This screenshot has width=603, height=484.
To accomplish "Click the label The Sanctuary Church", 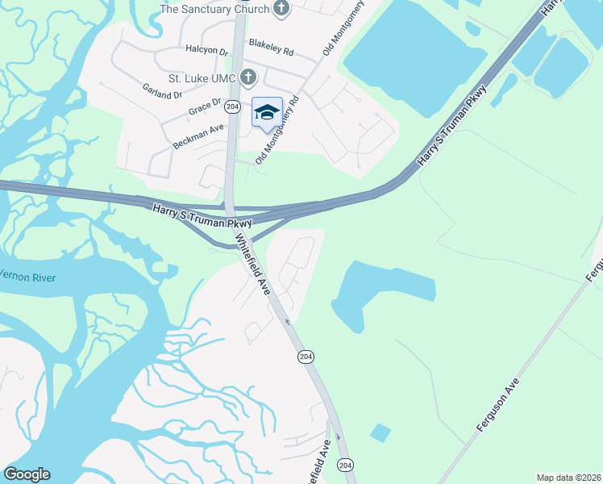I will click(214, 9).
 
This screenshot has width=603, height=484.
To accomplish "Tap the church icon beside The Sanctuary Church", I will click(281, 9).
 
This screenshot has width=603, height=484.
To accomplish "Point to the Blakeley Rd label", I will click(271, 48).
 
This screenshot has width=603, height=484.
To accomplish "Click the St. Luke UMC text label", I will click(202, 78).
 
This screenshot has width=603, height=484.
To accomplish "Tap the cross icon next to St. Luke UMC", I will click(248, 78).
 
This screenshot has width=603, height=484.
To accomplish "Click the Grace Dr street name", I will click(204, 106).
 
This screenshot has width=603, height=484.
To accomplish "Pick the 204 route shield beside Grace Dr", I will click(233, 106).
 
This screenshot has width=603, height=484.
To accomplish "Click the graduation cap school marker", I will click(267, 112).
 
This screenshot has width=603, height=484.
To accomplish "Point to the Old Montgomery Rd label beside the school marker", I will click(277, 131).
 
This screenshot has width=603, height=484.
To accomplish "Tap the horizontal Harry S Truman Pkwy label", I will click(202, 215).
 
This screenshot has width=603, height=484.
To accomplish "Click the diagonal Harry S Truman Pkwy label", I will click(452, 125).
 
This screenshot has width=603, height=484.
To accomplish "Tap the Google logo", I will click(27, 474).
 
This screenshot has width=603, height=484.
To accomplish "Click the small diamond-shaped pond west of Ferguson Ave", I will click(380, 433).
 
